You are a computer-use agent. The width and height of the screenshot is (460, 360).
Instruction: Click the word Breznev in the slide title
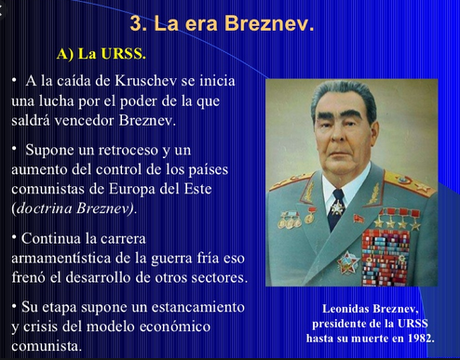(269, 23)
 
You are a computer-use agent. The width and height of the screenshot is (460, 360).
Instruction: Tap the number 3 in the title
(136, 23)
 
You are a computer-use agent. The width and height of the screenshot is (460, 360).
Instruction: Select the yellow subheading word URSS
(124, 54)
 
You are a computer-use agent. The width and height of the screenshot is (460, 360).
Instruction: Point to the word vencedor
(85, 121)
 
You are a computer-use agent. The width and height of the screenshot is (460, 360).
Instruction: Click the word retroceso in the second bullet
(129, 150)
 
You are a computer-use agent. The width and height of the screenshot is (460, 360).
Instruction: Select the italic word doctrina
(44, 208)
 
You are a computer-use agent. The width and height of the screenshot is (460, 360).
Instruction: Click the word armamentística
(61, 259)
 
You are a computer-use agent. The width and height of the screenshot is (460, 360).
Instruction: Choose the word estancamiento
(198, 307)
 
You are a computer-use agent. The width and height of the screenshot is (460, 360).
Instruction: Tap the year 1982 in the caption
(421, 338)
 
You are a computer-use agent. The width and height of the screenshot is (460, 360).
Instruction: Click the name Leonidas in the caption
(345, 309)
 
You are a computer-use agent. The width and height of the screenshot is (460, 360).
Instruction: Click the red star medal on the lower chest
(348, 263)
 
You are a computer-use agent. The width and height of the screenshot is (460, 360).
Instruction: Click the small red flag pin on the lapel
(359, 219)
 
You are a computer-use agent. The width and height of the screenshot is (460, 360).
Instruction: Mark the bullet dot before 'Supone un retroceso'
(14, 149)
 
